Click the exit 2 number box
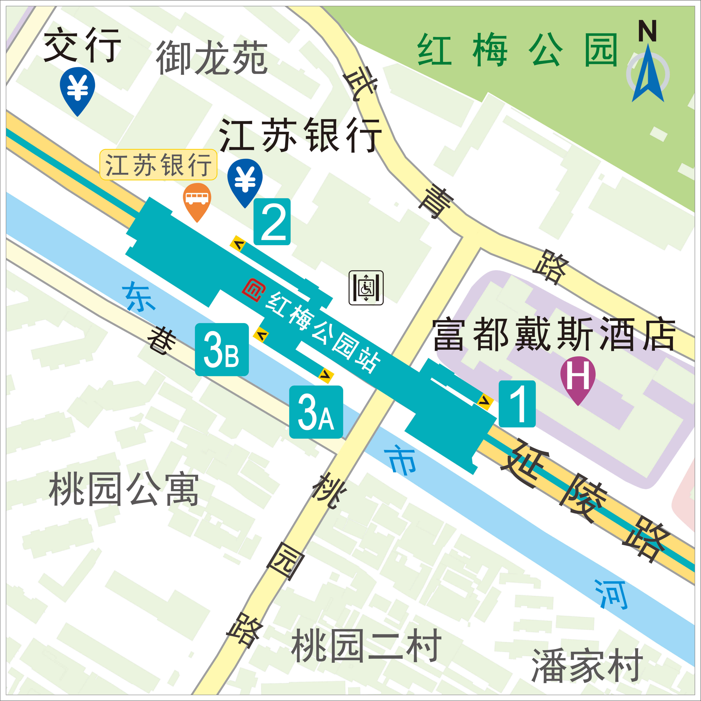pos(272,222)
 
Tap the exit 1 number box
pos(517,404)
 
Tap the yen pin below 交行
pos(77,91)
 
